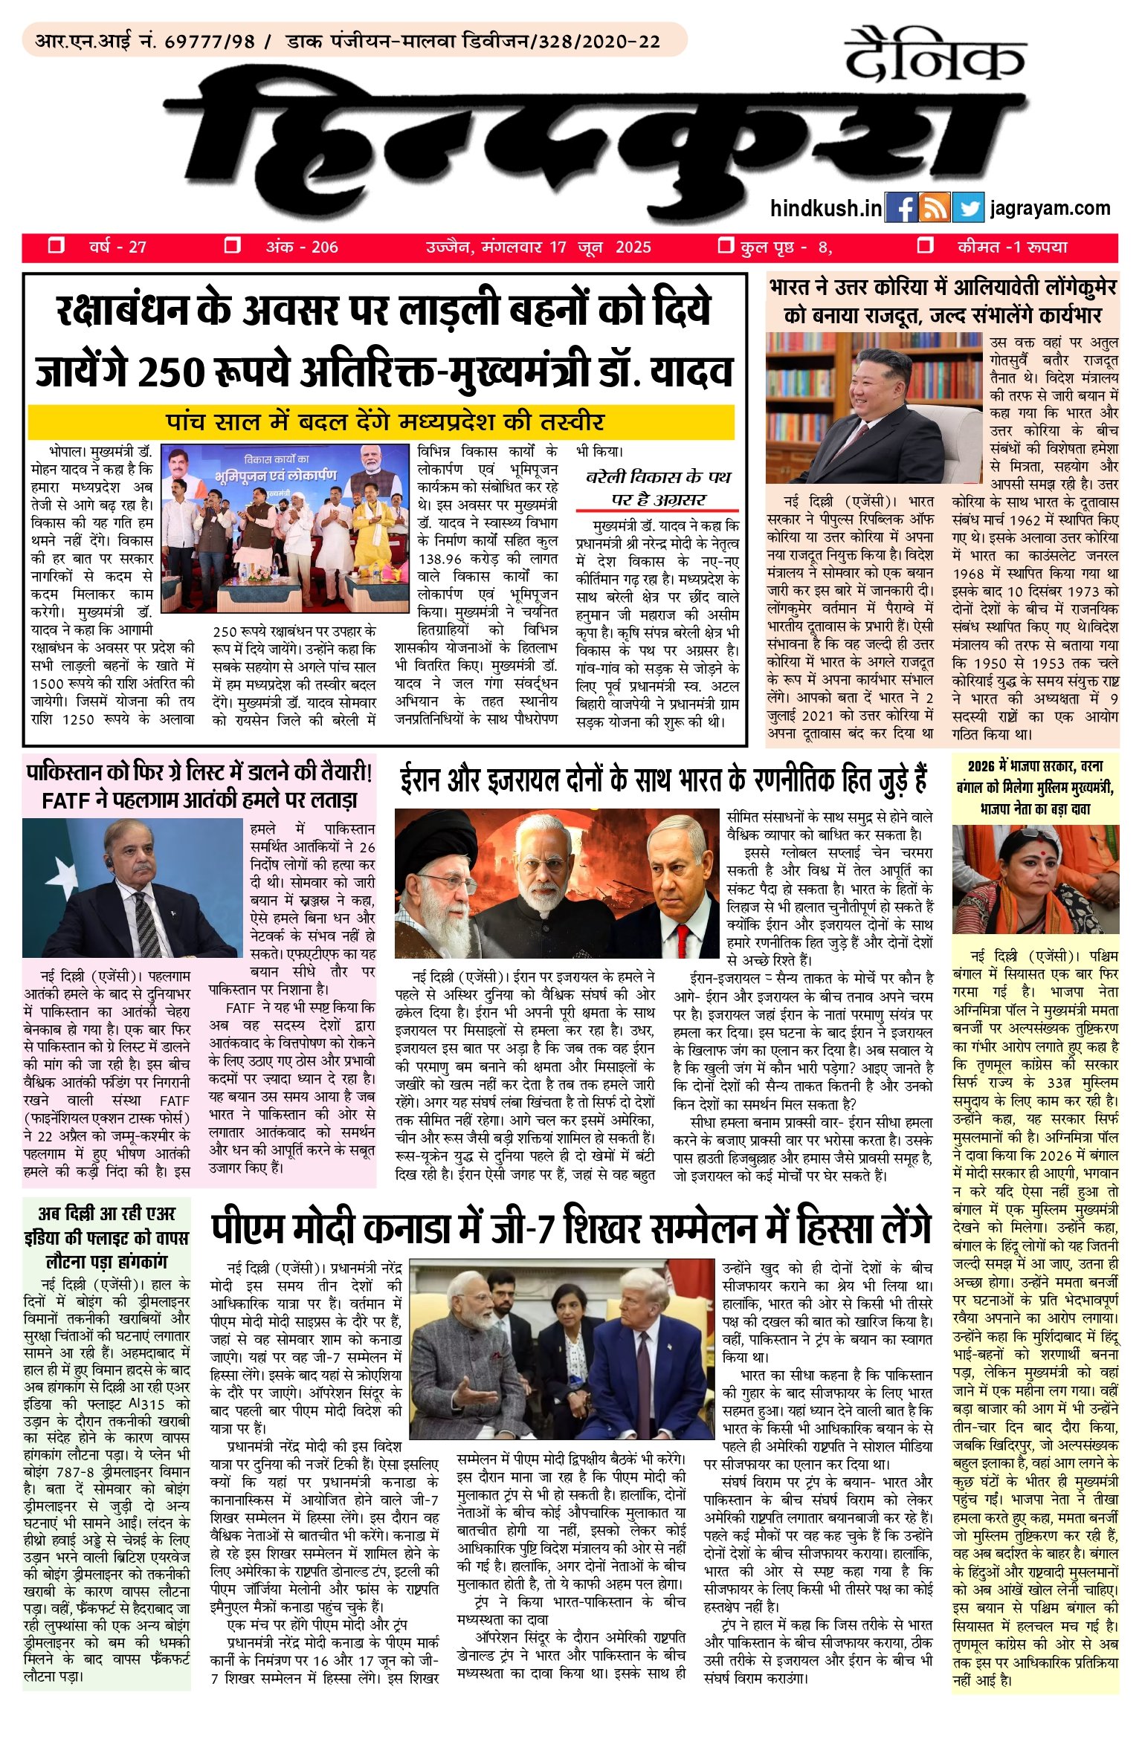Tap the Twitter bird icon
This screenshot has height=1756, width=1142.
click(967, 208)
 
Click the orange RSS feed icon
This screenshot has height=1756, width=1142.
click(935, 208)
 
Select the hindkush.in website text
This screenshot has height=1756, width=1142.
click(826, 208)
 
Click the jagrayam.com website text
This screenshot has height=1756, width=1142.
click(1050, 208)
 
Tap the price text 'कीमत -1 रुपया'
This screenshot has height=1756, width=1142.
click(1013, 247)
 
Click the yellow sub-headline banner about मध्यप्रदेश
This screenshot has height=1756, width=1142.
click(381, 422)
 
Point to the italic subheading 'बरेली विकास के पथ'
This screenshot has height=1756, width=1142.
click(658, 476)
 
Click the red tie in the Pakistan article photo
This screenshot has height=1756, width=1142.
click(146, 921)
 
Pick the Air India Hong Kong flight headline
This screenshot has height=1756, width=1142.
click(107, 1237)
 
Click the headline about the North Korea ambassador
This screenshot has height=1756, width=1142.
click(942, 301)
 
